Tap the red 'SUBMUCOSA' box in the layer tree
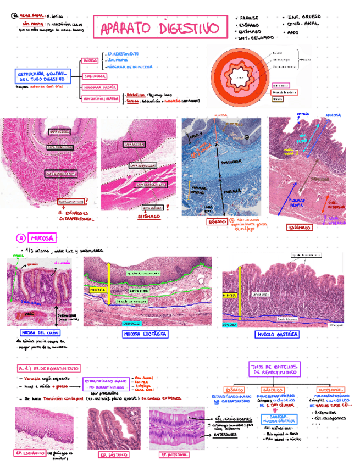point(96,76)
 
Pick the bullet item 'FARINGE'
point(251,18)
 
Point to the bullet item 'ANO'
point(293,32)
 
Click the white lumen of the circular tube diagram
point(240,77)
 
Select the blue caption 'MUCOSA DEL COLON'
point(40,333)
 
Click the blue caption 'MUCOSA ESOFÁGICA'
point(145,334)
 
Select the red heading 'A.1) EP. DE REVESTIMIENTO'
point(48,368)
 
